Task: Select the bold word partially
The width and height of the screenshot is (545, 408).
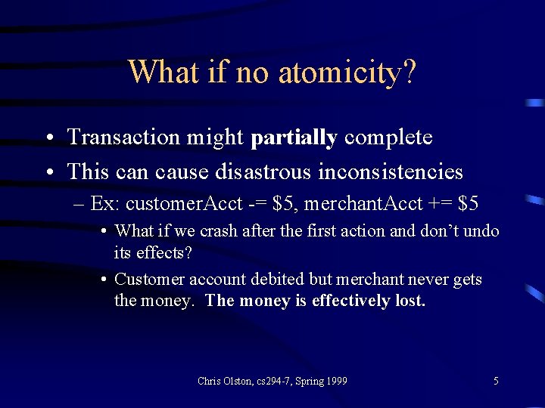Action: click(x=294, y=138)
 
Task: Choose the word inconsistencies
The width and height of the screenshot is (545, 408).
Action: click(x=390, y=172)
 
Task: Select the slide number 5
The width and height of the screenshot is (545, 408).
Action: click(x=496, y=381)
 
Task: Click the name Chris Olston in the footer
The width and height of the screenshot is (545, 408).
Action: click(x=220, y=381)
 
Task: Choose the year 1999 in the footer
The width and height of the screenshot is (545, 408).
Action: click(x=336, y=381)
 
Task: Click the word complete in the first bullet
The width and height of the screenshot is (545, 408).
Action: click(x=388, y=138)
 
